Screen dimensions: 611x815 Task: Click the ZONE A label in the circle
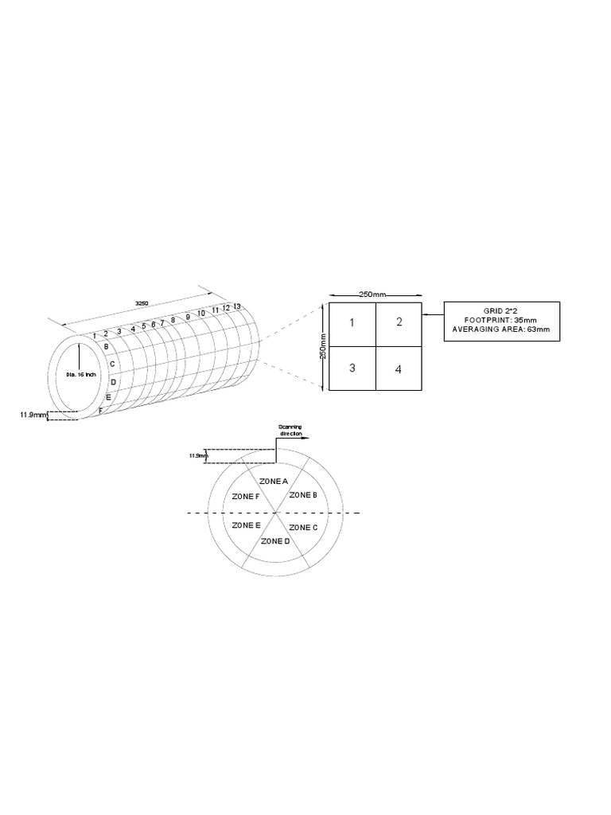tap(274, 481)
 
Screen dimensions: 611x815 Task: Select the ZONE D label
tap(275, 541)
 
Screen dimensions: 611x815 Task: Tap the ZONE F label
tap(245, 496)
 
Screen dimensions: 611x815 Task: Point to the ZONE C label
tap(303, 527)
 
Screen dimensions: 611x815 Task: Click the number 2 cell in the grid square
tap(399, 322)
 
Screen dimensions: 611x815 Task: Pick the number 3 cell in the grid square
tap(352, 368)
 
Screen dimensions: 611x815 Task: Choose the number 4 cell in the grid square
tap(398, 369)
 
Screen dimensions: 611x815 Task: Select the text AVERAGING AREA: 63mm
tap(501, 329)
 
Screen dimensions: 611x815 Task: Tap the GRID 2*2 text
tap(501, 310)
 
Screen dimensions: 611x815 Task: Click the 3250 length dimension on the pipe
tap(142, 303)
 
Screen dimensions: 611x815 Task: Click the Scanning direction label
tap(285, 431)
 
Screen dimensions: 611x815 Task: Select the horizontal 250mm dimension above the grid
tap(371, 294)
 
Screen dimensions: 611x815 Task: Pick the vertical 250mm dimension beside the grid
tap(324, 347)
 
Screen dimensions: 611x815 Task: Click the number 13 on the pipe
tap(237, 306)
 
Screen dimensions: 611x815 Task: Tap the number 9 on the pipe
tap(188, 317)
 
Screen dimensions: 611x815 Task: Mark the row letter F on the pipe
tap(100, 411)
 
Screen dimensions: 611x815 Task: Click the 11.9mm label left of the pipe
tap(29, 415)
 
